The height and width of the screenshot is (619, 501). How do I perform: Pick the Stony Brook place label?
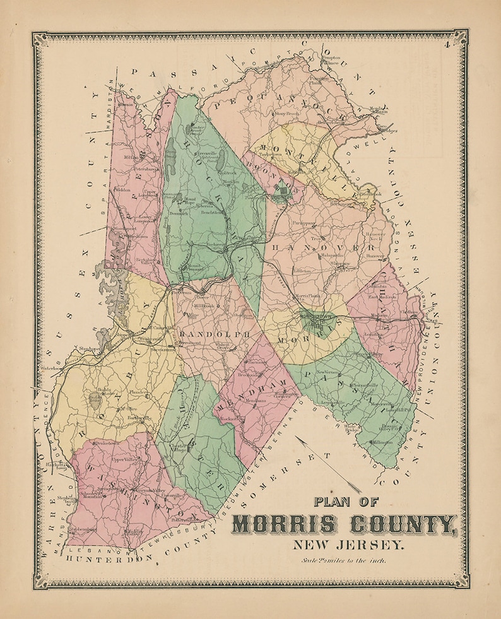[285, 114]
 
